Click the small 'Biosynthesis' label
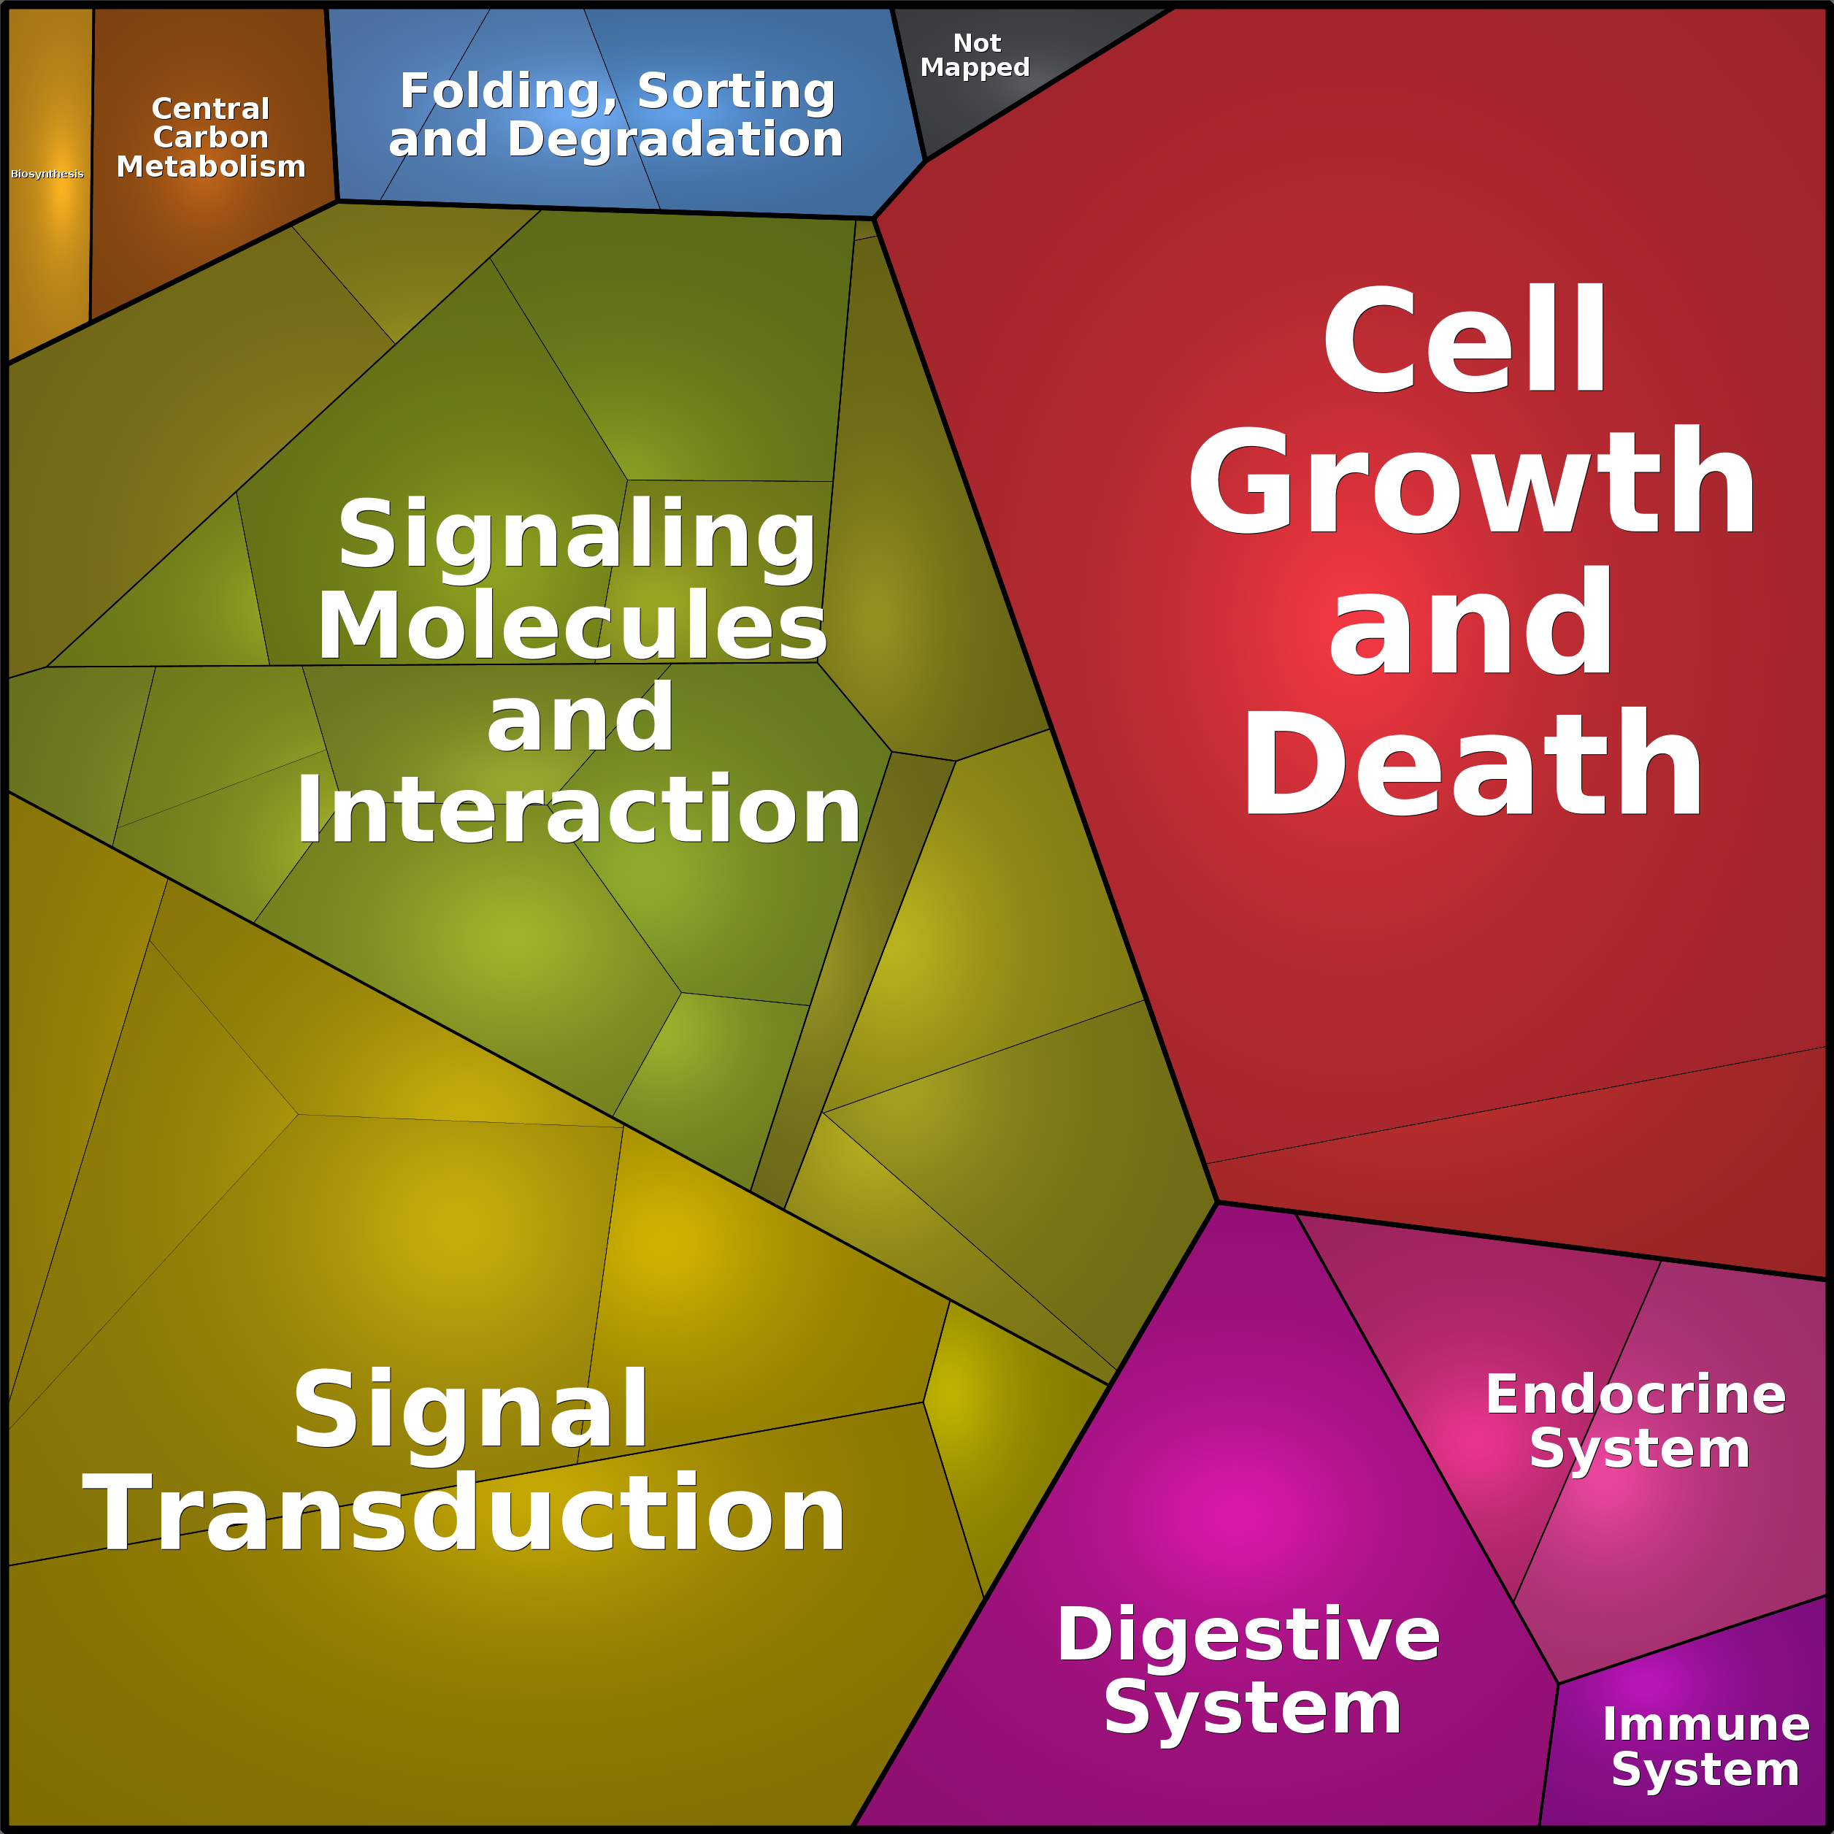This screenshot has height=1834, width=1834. [x=47, y=174]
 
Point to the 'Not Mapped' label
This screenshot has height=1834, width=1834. [x=975, y=55]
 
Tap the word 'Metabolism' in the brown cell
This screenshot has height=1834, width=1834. [x=211, y=166]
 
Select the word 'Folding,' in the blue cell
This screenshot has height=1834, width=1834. [x=508, y=93]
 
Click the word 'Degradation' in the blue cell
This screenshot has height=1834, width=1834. [x=675, y=139]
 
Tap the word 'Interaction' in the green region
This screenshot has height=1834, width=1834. [x=578, y=809]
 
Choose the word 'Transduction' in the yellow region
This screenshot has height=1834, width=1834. [x=464, y=1515]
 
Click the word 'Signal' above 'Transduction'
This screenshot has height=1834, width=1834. [x=471, y=1411]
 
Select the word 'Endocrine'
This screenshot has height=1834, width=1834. [x=1635, y=1394]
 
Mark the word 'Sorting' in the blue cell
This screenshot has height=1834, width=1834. [x=737, y=93]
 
